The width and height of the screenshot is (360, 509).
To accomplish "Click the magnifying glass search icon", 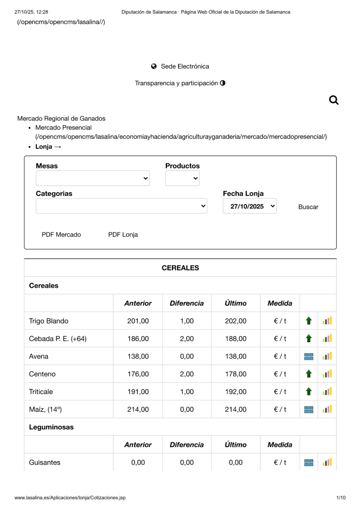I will tap(333, 100).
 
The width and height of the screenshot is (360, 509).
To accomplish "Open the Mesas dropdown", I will tap(93, 178).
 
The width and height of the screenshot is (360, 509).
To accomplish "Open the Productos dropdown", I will tap(183, 178).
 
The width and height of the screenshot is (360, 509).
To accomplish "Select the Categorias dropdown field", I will tap(121, 206).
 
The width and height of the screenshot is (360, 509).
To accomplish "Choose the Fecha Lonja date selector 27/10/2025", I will tap(250, 206).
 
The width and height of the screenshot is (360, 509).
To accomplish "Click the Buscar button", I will tap(308, 207).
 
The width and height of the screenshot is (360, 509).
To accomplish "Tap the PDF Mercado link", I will tap(61, 234).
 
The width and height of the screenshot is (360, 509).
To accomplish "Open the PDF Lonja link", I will tap(123, 234).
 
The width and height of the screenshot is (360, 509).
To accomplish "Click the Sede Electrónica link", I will tap(185, 67).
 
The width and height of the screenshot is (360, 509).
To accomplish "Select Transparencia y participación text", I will tap(176, 83).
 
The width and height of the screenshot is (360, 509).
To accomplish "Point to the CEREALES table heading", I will tap(180, 268).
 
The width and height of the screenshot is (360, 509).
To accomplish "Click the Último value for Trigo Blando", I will tap(235, 321).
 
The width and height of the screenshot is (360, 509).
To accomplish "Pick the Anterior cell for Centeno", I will tap(138, 374).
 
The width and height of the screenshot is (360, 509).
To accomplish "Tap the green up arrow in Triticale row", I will tap(309, 392).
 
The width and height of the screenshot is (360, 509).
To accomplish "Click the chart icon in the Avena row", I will tap(327, 356).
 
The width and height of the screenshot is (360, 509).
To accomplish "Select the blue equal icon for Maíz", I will tap(309, 409).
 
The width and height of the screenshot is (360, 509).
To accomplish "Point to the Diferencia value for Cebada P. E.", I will tap(187, 339).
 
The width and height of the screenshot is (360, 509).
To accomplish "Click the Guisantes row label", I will tap(45, 462).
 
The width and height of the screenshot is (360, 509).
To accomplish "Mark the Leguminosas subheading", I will tap(51, 427).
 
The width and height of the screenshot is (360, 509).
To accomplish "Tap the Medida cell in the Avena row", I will tap(280, 356).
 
